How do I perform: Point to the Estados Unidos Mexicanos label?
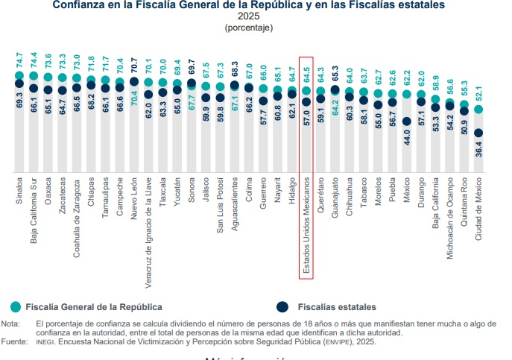click(306, 224)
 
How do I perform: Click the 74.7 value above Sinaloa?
click(20, 60)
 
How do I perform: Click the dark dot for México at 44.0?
click(407, 121)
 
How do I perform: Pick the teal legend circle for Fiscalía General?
click(16, 306)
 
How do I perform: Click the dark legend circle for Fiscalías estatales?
click(282, 306)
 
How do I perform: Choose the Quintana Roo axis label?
click(464, 201)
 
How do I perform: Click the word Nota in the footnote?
click(10, 323)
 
